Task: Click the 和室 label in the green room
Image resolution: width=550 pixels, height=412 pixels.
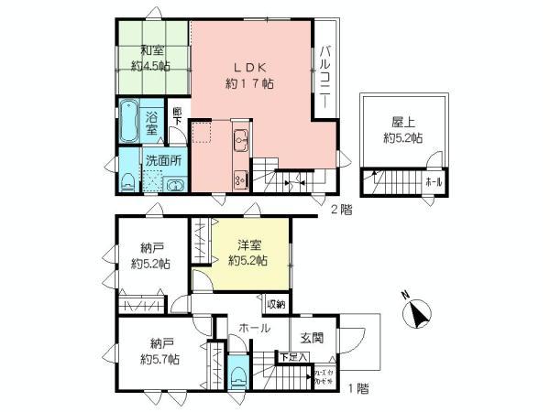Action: pos(152,50)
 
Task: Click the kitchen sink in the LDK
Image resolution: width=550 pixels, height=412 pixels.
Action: pos(240,141)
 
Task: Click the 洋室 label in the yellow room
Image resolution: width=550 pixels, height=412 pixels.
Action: pos(247,245)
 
